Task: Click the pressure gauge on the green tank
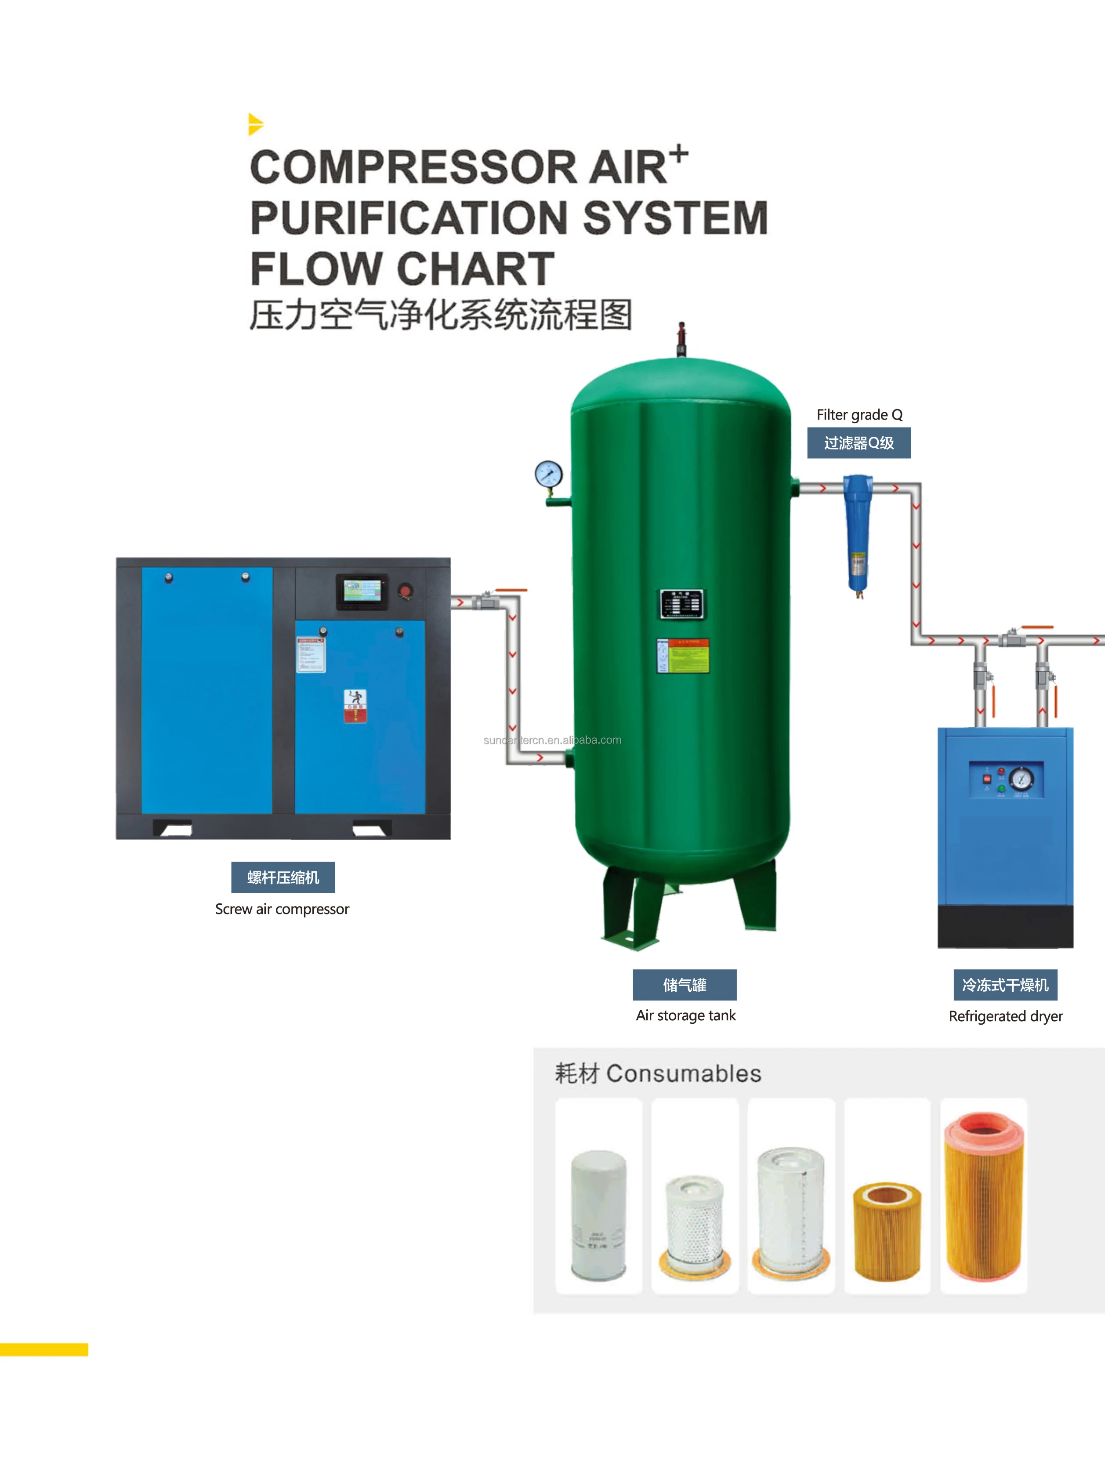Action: click(x=548, y=475)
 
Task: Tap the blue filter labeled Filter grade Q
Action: click(x=857, y=532)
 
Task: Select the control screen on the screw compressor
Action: click(x=362, y=591)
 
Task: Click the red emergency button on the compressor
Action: click(x=405, y=591)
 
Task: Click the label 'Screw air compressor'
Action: click(x=282, y=909)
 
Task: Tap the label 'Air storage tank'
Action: click(x=685, y=1015)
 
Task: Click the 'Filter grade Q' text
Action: click(x=859, y=414)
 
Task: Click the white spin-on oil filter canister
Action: click(x=598, y=1215)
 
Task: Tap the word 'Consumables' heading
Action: click(x=683, y=1073)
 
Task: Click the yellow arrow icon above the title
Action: click(x=255, y=124)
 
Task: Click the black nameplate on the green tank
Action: click(x=682, y=605)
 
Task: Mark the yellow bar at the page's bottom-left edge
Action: click(x=43, y=1349)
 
